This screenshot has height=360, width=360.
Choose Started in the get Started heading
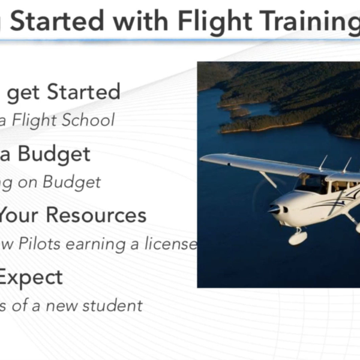(x=83, y=92)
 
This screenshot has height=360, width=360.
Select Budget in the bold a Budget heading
(x=54, y=154)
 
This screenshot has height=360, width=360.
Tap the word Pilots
(x=52, y=244)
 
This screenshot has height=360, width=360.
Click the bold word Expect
(x=31, y=278)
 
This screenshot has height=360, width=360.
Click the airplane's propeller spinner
(x=273, y=210)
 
